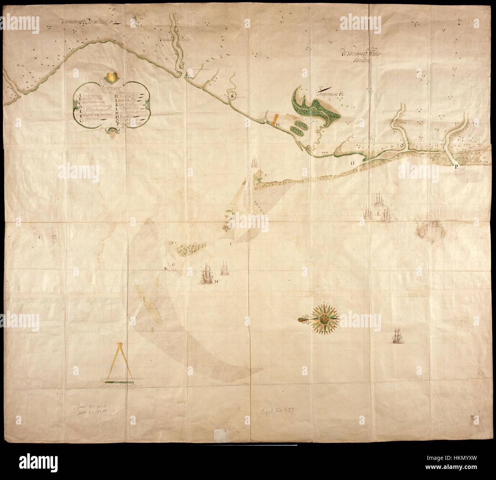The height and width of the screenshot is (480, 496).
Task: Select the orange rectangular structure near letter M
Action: coord(273,119)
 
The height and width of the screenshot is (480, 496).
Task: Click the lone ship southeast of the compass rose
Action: coord(398,336)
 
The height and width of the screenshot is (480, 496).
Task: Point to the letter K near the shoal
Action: coord(166,268)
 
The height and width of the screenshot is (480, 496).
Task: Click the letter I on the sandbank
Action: coord(144,300)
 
